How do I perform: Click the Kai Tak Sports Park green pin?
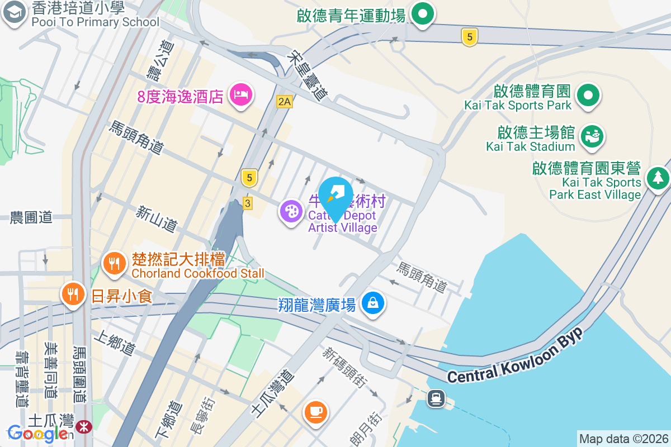point(588,95)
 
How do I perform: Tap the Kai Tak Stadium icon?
point(592,136)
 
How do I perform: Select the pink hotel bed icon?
point(242,95)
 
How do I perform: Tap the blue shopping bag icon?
point(372,303)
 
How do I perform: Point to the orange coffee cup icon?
point(315,412)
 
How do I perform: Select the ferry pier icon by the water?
point(436,398)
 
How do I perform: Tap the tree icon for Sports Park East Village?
point(658,178)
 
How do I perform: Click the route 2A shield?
point(285,101)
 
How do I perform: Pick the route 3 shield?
point(247,203)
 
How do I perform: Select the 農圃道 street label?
point(31,217)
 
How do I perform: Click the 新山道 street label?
point(157,218)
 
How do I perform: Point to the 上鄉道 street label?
point(115,342)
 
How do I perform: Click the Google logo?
point(38,434)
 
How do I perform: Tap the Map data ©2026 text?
point(623,439)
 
